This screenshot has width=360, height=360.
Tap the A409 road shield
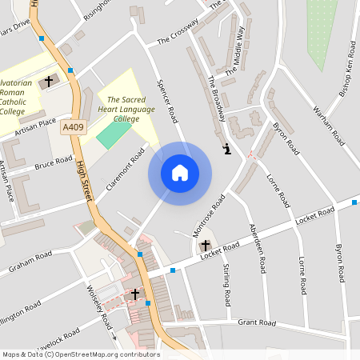73,126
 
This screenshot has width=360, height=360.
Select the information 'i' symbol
228,149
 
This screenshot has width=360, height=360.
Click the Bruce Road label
54,164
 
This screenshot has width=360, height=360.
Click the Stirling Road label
226,284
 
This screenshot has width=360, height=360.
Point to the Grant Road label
257,323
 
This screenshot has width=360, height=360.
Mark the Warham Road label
329,124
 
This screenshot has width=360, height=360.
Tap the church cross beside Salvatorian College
49,81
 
